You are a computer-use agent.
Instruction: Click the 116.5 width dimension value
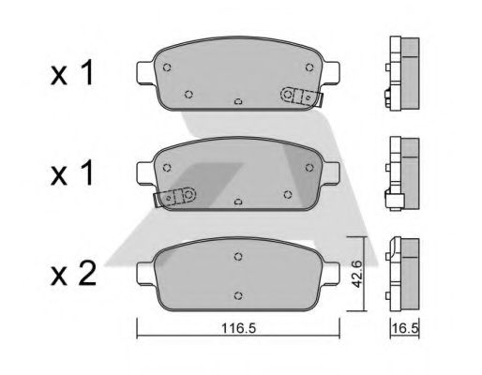click(238, 328)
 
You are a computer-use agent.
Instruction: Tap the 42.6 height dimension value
click(356, 274)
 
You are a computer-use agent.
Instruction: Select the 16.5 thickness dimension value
click(405, 328)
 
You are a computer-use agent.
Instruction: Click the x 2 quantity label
click(73, 274)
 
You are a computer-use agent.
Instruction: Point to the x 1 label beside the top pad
click(72, 73)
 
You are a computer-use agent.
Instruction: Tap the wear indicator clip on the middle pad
click(174, 197)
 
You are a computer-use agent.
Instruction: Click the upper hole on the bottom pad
click(238, 257)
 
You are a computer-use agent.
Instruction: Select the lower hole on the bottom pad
click(238, 295)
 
